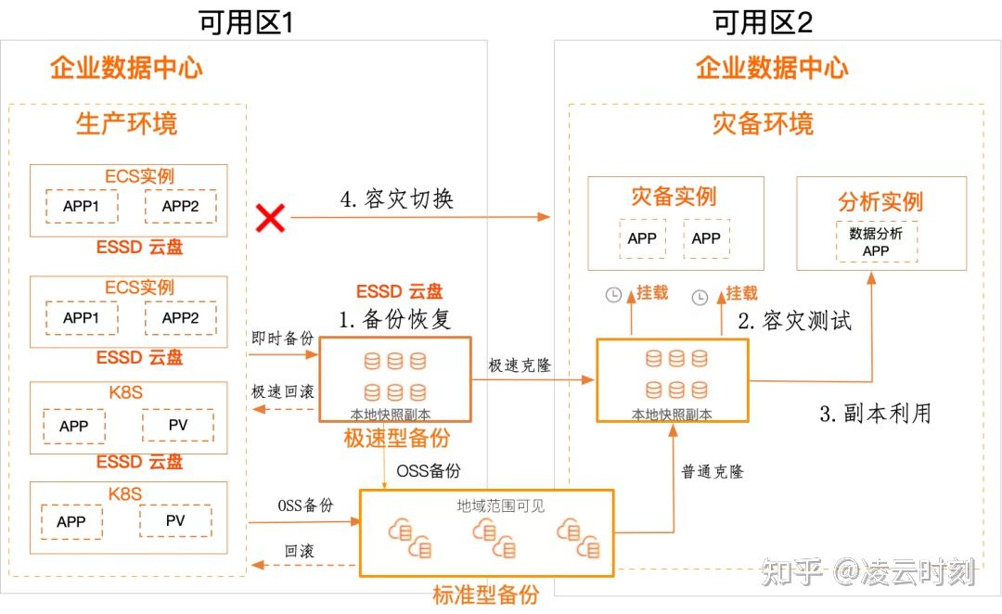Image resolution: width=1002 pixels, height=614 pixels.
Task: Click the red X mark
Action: coord(270,219)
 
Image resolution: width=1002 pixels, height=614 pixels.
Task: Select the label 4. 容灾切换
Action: coord(397,199)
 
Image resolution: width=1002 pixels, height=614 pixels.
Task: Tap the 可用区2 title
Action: coord(763,21)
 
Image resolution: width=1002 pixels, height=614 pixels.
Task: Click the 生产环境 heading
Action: coord(126,123)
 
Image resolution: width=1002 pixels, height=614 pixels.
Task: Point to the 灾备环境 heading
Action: coord(763,123)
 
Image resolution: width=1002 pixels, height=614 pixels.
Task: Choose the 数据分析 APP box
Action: coord(876,242)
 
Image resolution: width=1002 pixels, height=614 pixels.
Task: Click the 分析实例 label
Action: coord(880,201)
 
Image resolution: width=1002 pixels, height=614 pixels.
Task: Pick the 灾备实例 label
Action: coord(674,197)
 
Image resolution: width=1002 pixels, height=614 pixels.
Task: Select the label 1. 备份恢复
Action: coord(395,320)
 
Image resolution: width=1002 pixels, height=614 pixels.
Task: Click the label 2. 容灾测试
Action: coord(794,321)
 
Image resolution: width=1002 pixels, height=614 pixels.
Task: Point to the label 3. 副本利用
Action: coord(875,414)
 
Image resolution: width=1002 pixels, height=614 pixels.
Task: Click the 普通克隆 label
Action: coord(713,471)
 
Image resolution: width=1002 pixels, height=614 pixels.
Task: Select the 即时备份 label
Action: coord(283,339)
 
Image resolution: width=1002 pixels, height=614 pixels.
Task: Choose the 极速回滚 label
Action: coord(283,391)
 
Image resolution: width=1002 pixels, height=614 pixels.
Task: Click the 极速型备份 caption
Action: coord(396,439)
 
